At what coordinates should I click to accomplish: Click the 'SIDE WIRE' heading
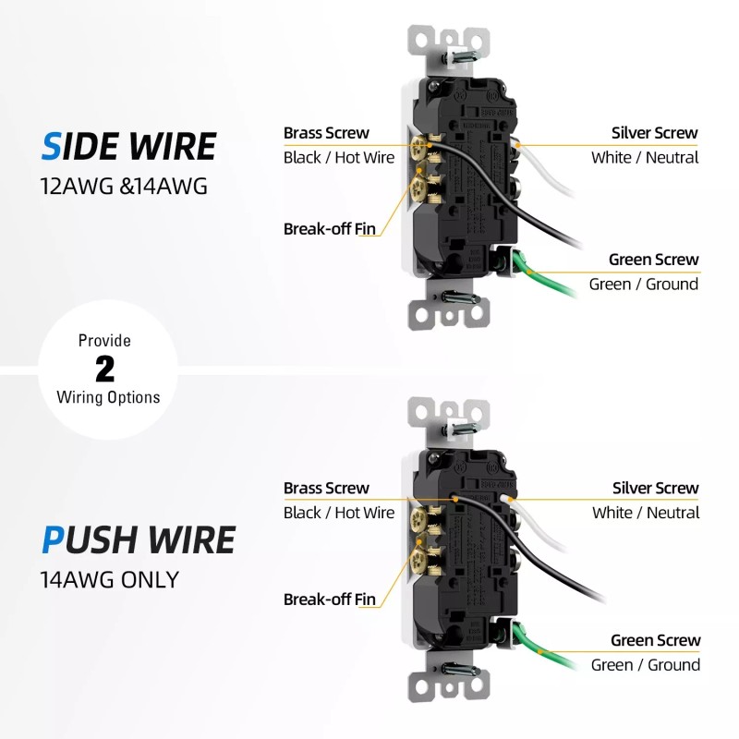pos(128,147)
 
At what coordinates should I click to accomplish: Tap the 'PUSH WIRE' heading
pos(138,539)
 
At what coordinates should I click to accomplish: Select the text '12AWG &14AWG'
pos(124,185)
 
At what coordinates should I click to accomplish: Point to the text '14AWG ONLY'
pos(109,580)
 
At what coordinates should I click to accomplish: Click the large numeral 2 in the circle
pos(106,369)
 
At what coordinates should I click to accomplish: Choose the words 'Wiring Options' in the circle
pos(108,397)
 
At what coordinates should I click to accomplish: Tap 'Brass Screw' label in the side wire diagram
pos(326,133)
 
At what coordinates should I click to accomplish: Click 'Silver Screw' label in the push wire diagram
pos(655,488)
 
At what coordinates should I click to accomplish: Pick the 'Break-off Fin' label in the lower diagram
pos(330,600)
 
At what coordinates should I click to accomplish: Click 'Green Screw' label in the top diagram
pos(653,260)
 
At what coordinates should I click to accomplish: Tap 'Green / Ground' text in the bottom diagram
pos(645,664)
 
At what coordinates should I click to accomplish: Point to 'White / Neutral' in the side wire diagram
pos(645,157)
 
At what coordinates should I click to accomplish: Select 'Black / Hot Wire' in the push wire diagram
pos(339,513)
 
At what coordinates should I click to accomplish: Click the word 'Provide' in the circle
pos(104,341)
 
